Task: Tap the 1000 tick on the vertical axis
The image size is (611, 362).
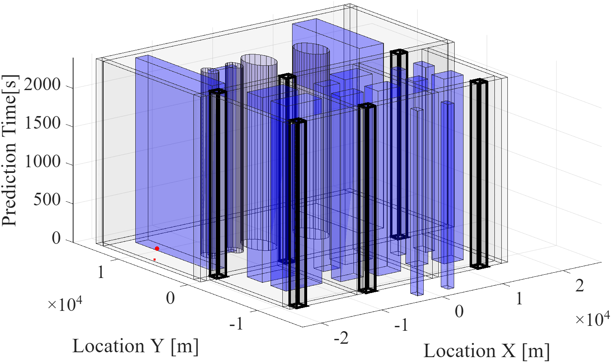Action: click(42, 162)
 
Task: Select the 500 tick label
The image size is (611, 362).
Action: click(47, 200)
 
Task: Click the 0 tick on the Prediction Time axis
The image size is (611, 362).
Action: click(56, 239)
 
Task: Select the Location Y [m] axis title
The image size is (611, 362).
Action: click(136, 347)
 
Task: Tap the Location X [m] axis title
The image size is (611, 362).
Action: click(487, 351)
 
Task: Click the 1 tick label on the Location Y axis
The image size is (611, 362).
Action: click(101, 272)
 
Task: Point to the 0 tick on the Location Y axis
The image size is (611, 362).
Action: click(170, 298)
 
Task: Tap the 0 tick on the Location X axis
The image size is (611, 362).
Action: click(459, 312)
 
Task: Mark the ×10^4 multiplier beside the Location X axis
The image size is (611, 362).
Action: click(592, 319)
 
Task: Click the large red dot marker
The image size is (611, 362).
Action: click(157, 248)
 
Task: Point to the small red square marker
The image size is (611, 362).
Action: click(154, 259)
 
